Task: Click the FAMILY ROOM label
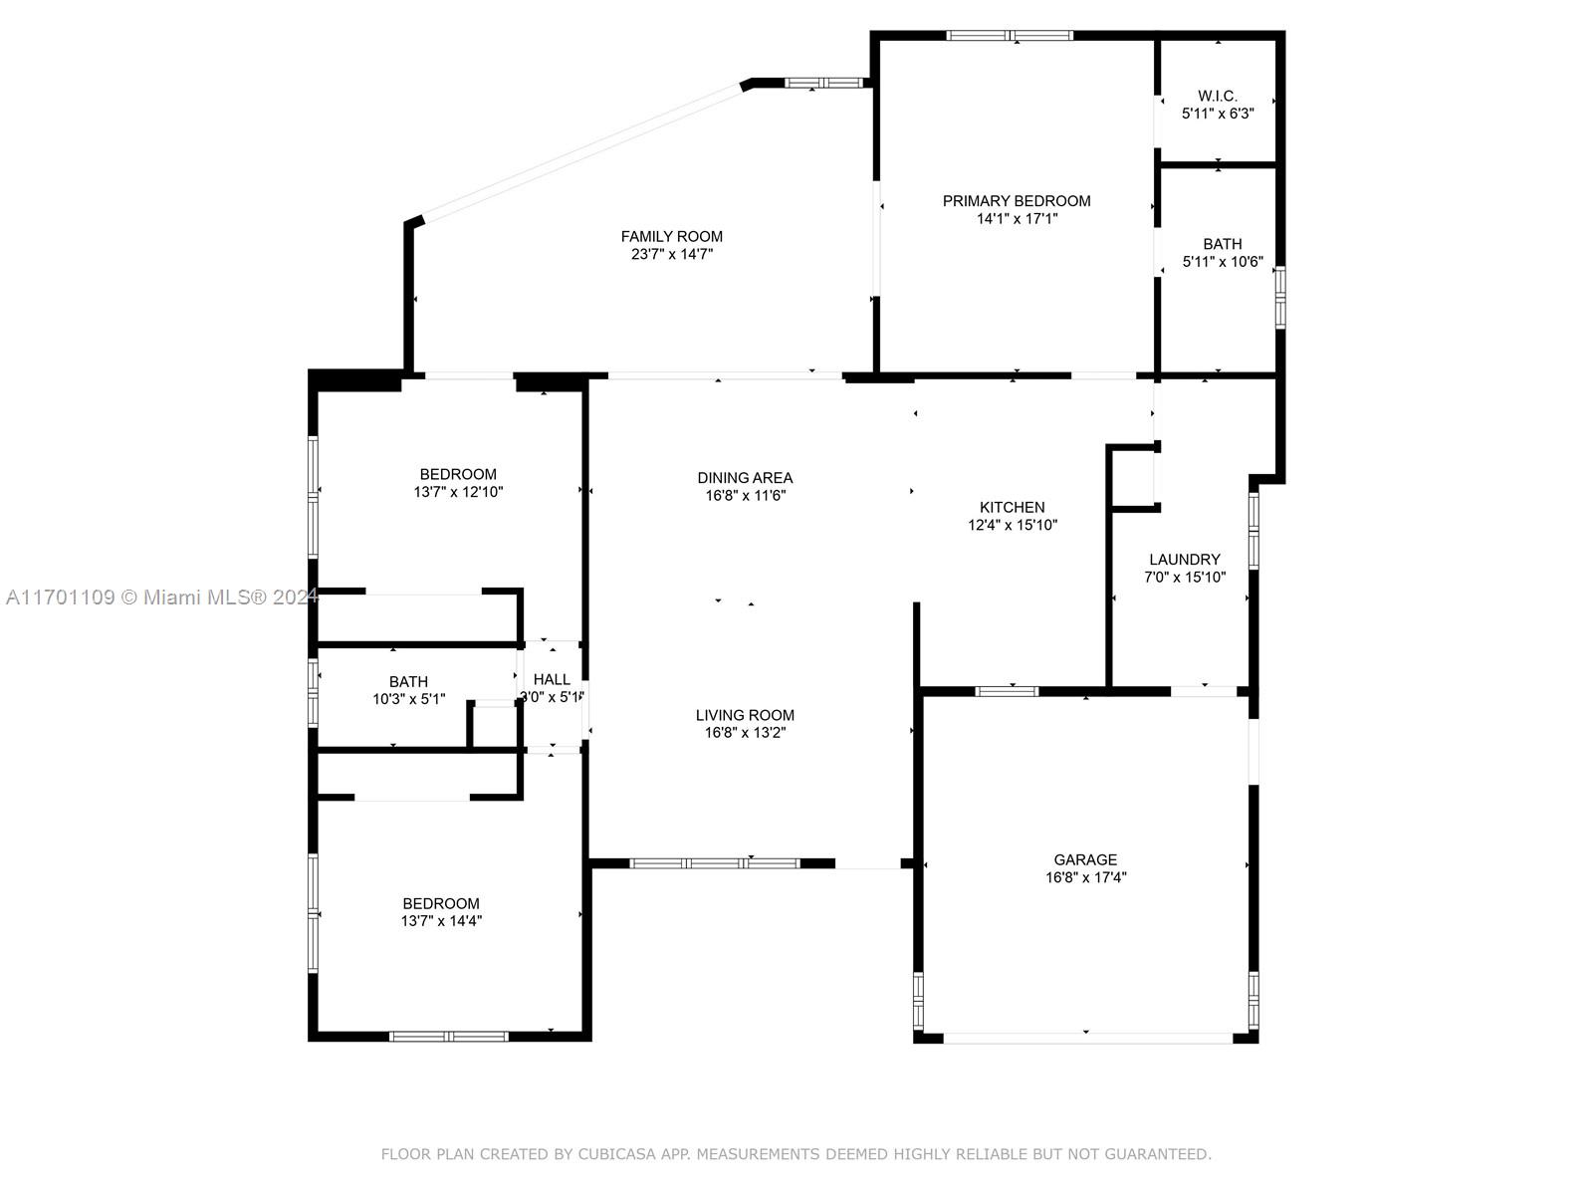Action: click(671, 237)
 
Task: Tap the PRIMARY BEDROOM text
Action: click(1017, 201)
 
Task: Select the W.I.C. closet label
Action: click(1217, 96)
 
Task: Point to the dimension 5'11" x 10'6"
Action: click(1223, 262)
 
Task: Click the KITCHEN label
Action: click(1012, 507)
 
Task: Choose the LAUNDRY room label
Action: click(1185, 560)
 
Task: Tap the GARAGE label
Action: click(1085, 859)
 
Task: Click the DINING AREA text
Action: click(745, 478)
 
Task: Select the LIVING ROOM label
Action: click(745, 715)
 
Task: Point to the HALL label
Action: click(552, 680)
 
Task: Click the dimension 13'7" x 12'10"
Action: click(458, 492)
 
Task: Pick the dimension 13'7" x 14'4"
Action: click(441, 921)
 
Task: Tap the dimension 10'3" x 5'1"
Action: click(408, 699)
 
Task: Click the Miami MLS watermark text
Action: click(161, 597)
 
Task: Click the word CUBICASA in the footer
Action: click(616, 1154)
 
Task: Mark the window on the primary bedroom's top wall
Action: click(1010, 35)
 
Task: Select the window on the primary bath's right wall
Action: click(1280, 298)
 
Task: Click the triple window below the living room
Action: click(715, 863)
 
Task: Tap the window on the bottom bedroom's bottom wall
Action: click(448, 1037)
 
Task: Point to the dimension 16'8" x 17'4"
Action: click(1085, 878)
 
